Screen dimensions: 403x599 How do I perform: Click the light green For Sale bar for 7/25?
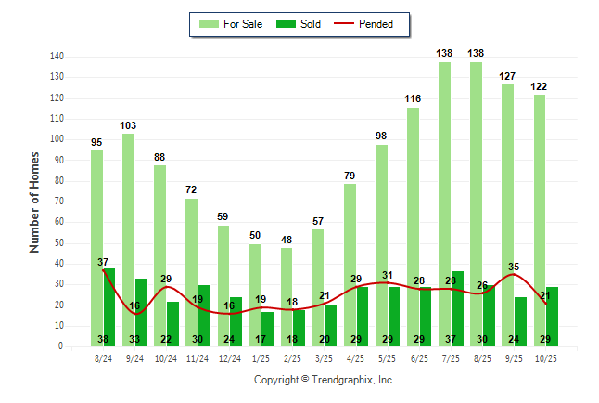point(445,204)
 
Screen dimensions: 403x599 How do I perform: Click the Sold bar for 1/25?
point(268,330)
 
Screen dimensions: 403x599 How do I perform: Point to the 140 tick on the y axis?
point(57,57)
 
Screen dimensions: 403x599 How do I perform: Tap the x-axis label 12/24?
point(229,357)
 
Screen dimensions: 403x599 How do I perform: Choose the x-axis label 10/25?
point(545,357)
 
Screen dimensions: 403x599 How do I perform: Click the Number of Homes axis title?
point(34,201)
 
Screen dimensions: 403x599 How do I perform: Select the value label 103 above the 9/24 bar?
point(129,125)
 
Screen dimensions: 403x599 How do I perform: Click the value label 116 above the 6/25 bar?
point(414,98)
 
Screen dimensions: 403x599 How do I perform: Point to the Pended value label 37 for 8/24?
point(104,262)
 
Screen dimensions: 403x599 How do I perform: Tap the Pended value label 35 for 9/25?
point(515,266)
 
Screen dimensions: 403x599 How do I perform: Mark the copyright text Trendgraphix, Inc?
point(324,380)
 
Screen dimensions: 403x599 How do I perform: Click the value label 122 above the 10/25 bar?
point(540,86)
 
